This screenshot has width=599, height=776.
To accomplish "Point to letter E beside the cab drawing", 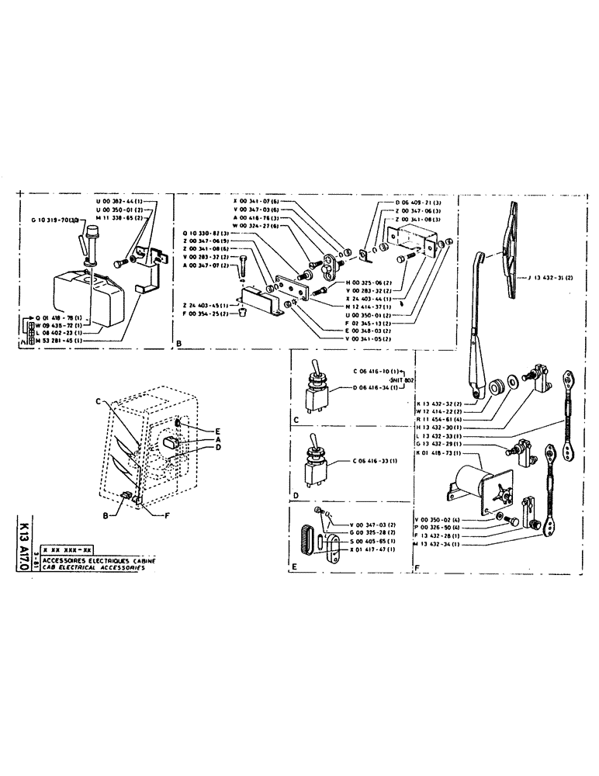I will tap(198, 429).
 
